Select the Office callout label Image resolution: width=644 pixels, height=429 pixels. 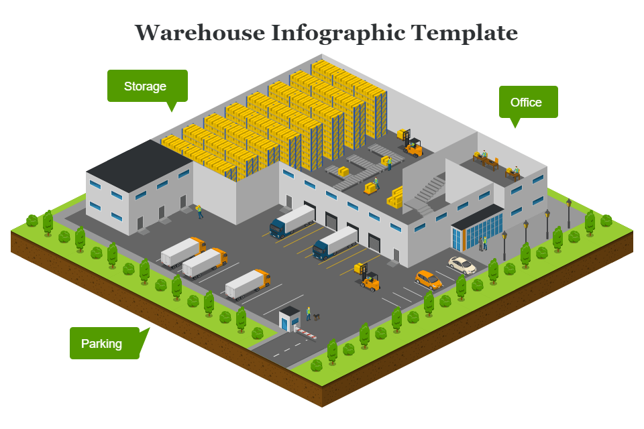(x=528, y=102)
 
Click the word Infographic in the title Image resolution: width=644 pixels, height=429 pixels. (x=338, y=33)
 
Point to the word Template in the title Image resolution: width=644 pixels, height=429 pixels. (x=464, y=33)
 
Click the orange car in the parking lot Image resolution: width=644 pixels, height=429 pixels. (x=429, y=280)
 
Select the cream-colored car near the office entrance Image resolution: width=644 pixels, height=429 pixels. (x=462, y=265)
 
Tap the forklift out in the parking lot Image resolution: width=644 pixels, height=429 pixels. (x=367, y=277)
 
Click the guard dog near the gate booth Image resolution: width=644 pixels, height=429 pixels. (x=317, y=316)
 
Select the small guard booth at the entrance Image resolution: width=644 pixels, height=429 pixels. (x=290, y=318)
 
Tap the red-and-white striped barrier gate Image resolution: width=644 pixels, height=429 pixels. (x=306, y=333)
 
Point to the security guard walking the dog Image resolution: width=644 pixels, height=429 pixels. (x=309, y=313)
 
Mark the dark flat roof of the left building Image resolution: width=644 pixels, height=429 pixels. (x=140, y=166)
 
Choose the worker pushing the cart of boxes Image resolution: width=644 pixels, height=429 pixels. (x=376, y=183)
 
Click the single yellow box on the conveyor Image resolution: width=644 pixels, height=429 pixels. (x=343, y=171)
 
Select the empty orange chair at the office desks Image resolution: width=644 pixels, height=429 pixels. (x=496, y=162)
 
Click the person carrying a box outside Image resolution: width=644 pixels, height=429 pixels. (x=199, y=211)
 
